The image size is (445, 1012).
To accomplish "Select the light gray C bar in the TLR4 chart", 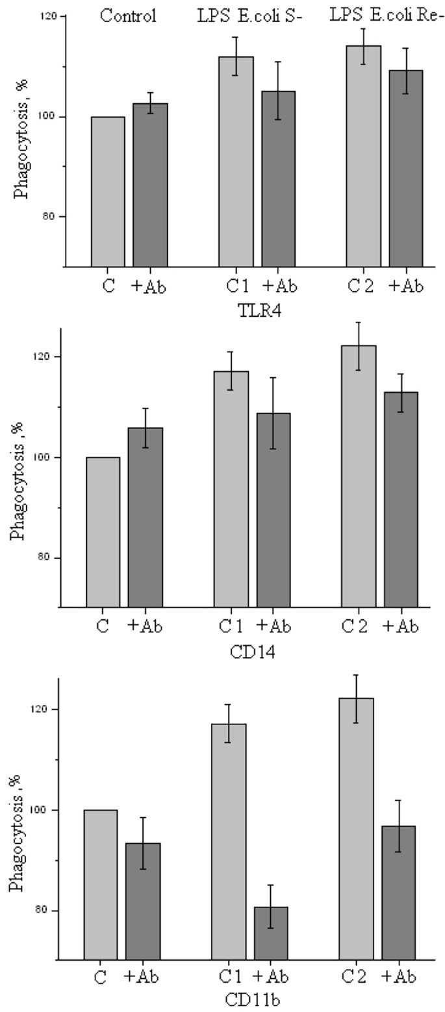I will (x=108, y=191).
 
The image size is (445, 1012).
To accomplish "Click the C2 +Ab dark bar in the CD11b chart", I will (x=398, y=903).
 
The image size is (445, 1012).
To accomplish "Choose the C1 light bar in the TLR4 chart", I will (x=236, y=162).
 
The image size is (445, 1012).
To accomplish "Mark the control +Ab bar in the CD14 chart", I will (x=146, y=517).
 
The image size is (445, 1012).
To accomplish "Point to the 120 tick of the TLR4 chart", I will (x=48, y=17).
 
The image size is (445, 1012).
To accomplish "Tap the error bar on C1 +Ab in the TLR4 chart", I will (x=278, y=90).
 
